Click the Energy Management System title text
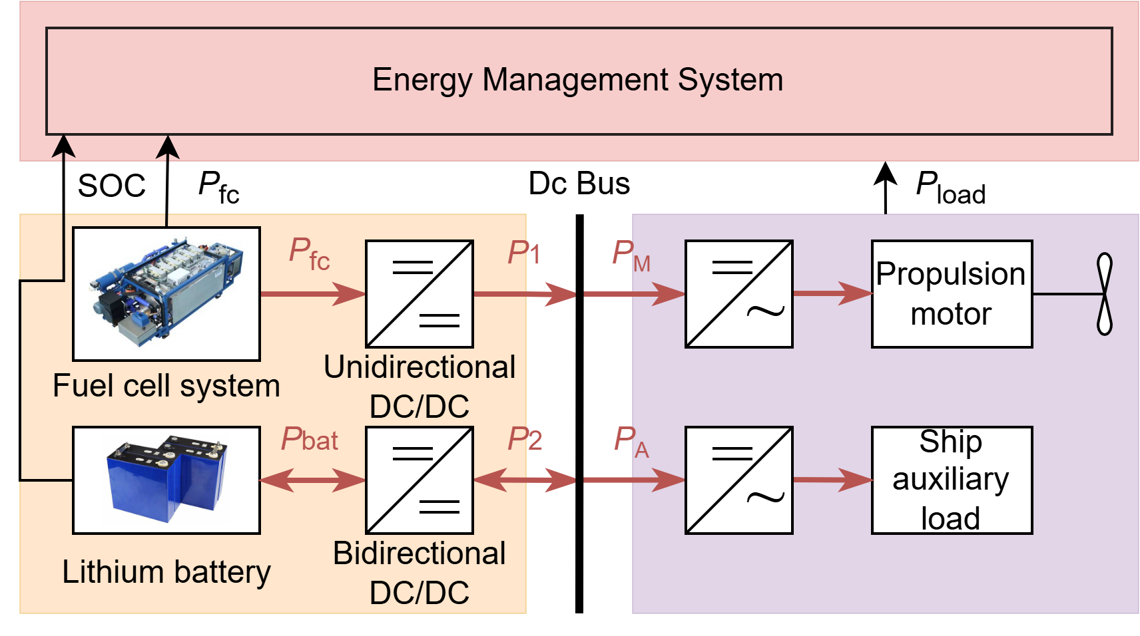coord(577,80)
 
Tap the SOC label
coord(111,186)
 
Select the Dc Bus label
coord(579,184)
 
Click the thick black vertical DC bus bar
coord(579,412)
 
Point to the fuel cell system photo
coord(166,293)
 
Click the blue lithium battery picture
coord(166,479)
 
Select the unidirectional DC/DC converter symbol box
coord(420,293)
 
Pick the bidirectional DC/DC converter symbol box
coord(420,480)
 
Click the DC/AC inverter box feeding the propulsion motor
coord(738,293)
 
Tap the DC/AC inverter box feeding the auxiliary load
coord(738,480)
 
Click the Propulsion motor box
coord(952,293)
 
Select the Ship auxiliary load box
coord(952,480)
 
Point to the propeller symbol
coord(1104,293)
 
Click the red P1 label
coord(524,253)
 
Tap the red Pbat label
coord(310,440)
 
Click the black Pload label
coord(950,188)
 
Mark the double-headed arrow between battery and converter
coord(312,480)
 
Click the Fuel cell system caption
coord(166,386)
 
